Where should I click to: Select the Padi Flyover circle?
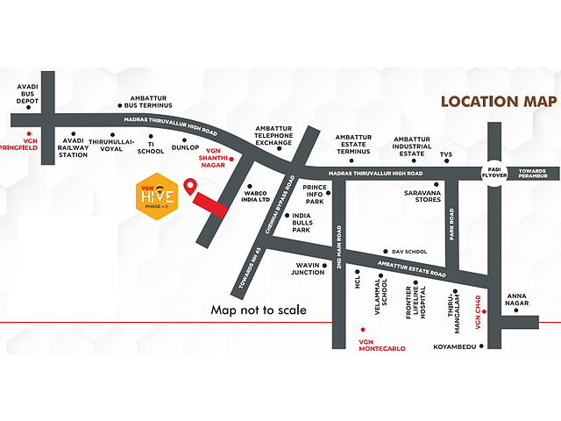click(x=492, y=172)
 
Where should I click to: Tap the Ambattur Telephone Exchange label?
click(x=273, y=137)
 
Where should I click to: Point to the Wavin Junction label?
click(x=308, y=268)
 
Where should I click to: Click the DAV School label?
click(x=409, y=250)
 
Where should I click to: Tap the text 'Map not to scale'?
click(x=259, y=310)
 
